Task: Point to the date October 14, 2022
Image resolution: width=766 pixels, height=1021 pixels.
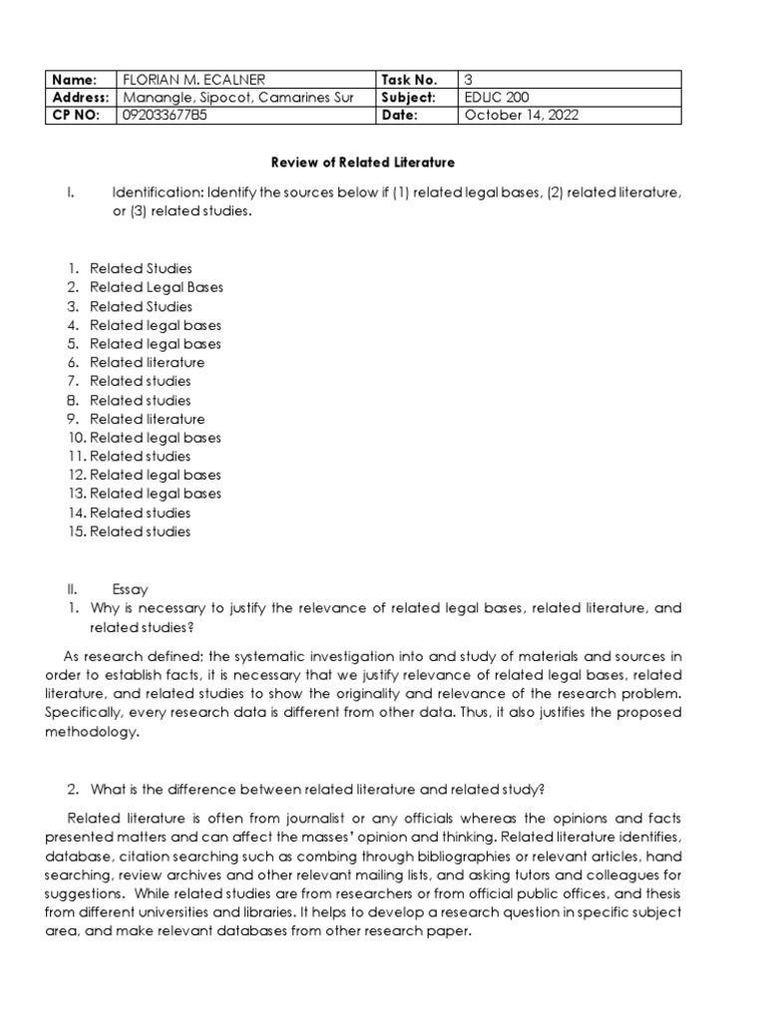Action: pos(522,115)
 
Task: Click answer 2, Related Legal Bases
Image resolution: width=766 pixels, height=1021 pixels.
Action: pos(156,287)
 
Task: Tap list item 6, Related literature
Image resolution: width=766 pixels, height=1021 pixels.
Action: pos(147,362)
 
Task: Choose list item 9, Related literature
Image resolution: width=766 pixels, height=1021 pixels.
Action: pos(147,419)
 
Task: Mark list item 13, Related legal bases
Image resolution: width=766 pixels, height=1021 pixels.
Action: pos(155,494)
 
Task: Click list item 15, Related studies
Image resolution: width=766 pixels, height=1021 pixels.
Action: pos(140,531)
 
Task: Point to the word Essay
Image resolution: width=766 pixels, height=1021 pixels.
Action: pos(130,589)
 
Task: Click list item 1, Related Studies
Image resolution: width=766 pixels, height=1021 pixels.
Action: pos(141,268)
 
